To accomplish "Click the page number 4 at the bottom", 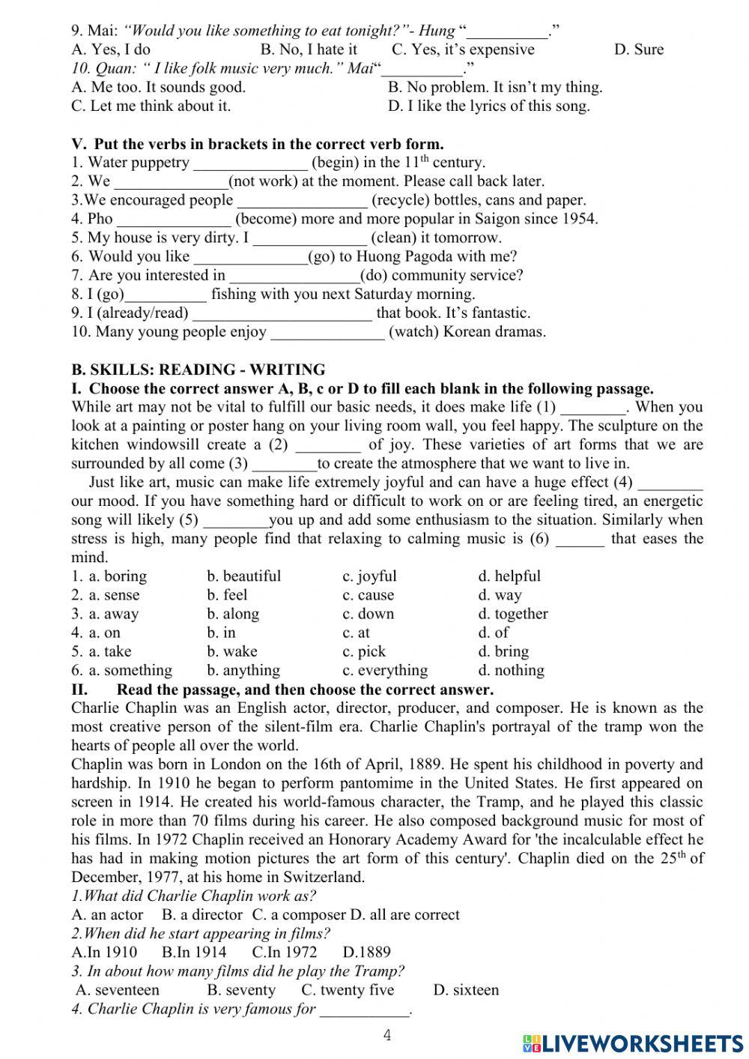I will point(387,1036).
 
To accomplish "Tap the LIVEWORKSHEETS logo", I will point(633,1043).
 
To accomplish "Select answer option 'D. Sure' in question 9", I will point(638,50).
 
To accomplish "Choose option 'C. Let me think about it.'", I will point(151,106).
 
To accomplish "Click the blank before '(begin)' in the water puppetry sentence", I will point(250,163).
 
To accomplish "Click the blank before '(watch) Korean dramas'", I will point(327,333).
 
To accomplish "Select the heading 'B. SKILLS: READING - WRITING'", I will point(198,370).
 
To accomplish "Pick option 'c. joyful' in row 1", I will point(369,576).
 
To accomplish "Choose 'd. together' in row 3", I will point(513,614).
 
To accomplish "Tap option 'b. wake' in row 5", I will point(231,651).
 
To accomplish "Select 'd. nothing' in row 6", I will point(511,671).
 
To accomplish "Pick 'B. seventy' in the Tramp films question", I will point(240,990).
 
